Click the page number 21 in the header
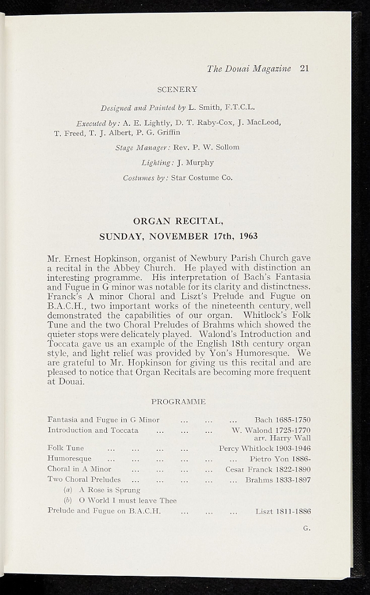point(304,69)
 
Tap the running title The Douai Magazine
point(249,69)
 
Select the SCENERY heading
point(177,89)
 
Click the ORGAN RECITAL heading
point(178,221)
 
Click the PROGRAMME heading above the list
point(178,402)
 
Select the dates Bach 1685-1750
point(282,420)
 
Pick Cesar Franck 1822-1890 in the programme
point(268,469)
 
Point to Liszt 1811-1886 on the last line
point(283,511)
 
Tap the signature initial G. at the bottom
point(306,528)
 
